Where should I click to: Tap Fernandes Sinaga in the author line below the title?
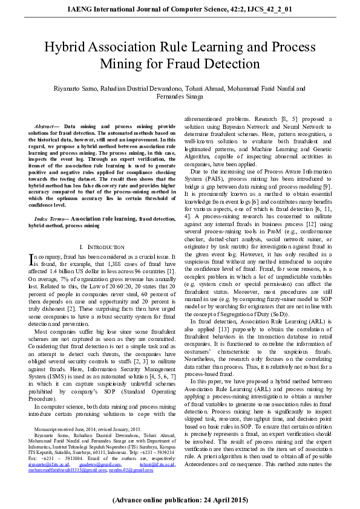pos(180,96)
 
